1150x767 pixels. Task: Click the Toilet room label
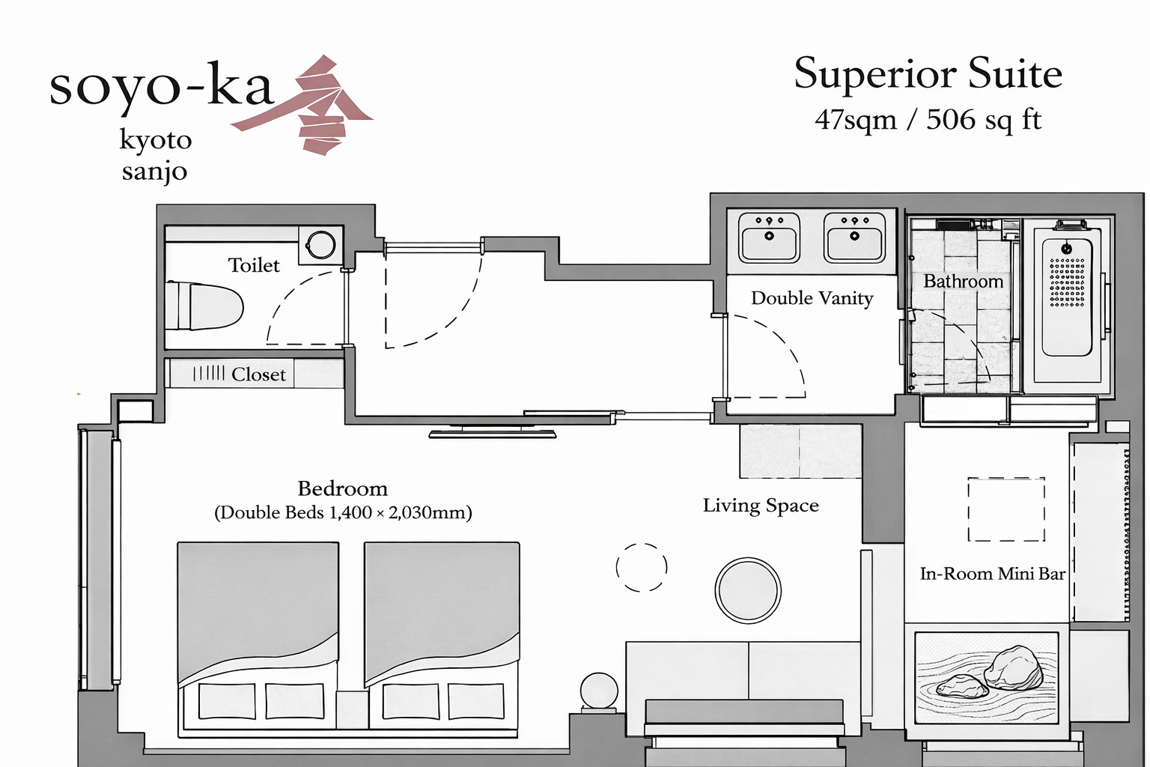click(254, 265)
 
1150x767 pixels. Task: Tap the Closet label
click(258, 375)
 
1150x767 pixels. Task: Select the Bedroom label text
click(343, 489)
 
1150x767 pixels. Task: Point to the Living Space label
click(761, 506)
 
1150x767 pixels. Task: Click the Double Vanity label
click(812, 298)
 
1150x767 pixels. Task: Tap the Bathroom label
click(963, 282)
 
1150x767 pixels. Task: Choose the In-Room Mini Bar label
click(992, 574)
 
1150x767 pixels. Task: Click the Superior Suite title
click(928, 74)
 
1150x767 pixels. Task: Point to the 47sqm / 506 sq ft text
click(928, 120)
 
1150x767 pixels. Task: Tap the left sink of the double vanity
click(769, 237)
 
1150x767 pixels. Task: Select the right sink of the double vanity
click(854, 237)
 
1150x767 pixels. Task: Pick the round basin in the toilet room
click(321, 244)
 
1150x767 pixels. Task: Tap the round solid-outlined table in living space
click(748, 589)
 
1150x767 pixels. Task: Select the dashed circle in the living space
click(641, 567)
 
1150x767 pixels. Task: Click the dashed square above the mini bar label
click(1006, 509)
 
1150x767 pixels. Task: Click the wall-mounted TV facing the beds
click(492, 432)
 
